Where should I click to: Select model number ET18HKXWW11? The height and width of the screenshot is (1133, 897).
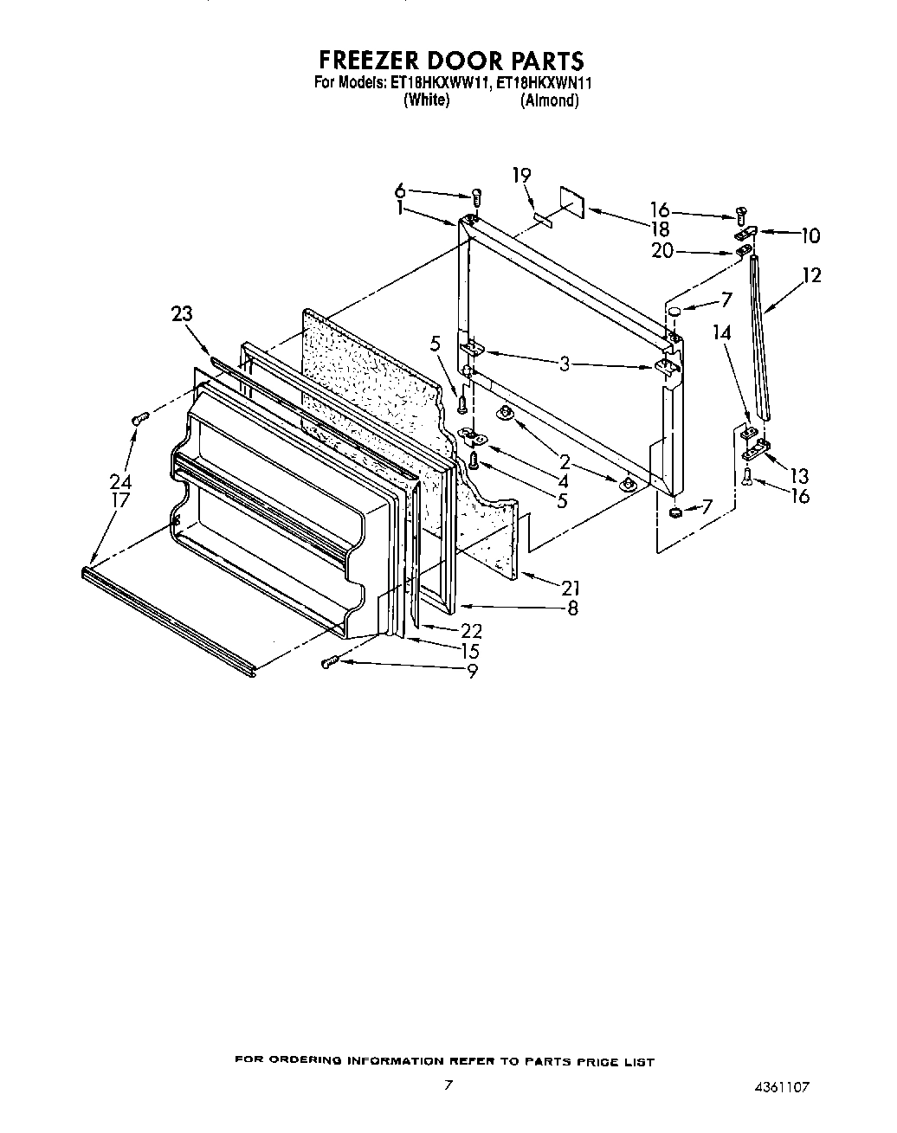point(440,84)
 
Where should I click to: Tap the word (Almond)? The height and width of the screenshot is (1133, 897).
point(549,100)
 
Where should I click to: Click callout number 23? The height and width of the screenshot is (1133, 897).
point(181,314)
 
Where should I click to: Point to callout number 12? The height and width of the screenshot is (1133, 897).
point(811,275)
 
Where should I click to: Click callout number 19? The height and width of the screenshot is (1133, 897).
point(520,176)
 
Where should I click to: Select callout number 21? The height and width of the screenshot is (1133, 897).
point(570,589)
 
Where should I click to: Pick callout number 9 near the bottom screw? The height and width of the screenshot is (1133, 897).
point(472,670)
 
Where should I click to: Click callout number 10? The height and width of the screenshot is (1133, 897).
point(810,235)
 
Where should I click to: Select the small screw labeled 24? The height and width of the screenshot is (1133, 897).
point(140,419)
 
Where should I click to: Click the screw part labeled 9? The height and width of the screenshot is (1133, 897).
point(328,662)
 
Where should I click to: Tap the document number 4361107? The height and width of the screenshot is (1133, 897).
point(782,1087)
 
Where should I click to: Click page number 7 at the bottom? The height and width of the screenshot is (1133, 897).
point(448,1085)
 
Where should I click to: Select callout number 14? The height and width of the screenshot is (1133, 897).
point(721,332)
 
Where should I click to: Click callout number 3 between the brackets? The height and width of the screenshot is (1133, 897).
point(564,364)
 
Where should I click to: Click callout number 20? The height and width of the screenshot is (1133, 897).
point(661,252)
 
